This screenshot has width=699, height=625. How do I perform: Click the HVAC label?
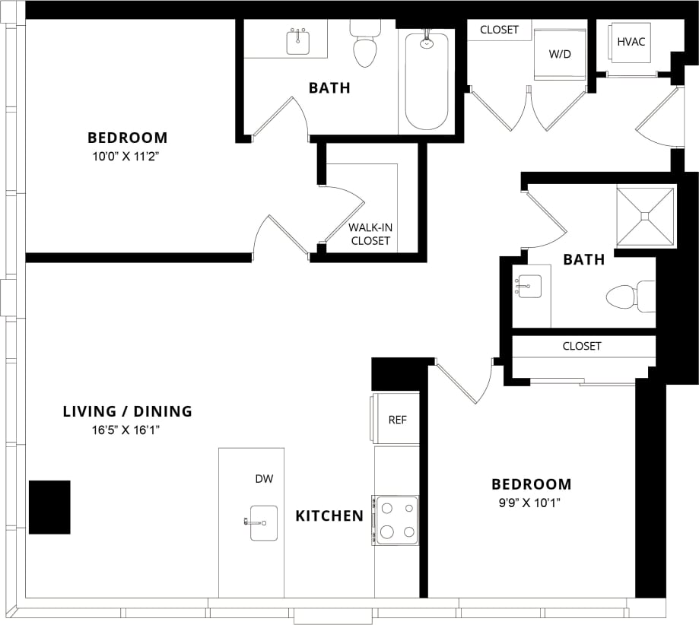click(x=631, y=41)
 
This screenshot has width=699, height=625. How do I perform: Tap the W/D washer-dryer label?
click(x=559, y=55)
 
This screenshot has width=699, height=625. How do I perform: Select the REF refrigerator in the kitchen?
click(x=396, y=419)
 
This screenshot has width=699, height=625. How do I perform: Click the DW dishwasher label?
click(x=264, y=479)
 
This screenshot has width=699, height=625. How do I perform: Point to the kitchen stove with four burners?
click(x=396, y=520)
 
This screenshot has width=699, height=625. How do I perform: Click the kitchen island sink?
click(x=263, y=522)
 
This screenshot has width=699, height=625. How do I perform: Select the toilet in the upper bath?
click(x=365, y=46)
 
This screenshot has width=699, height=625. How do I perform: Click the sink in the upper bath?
click(x=297, y=42)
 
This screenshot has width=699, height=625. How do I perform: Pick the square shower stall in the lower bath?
click(x=645, y=217)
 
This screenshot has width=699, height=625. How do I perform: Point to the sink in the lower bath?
click(x=529, y=287)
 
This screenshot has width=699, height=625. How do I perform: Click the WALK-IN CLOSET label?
click(x=370, y=234)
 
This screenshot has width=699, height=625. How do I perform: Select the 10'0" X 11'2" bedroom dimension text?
click(x=127, y=156)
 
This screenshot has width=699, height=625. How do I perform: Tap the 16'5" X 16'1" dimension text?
click(x=127, y=430)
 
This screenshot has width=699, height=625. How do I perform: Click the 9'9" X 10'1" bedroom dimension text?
click(x=531, y=502)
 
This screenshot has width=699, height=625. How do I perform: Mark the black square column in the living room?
click(x=49, y=507)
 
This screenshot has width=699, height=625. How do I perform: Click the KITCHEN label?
click(x=329, y=516)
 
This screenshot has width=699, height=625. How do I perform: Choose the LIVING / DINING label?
click(x=127, y=412)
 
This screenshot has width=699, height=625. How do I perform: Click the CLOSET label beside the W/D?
click(x=499, y=30)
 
